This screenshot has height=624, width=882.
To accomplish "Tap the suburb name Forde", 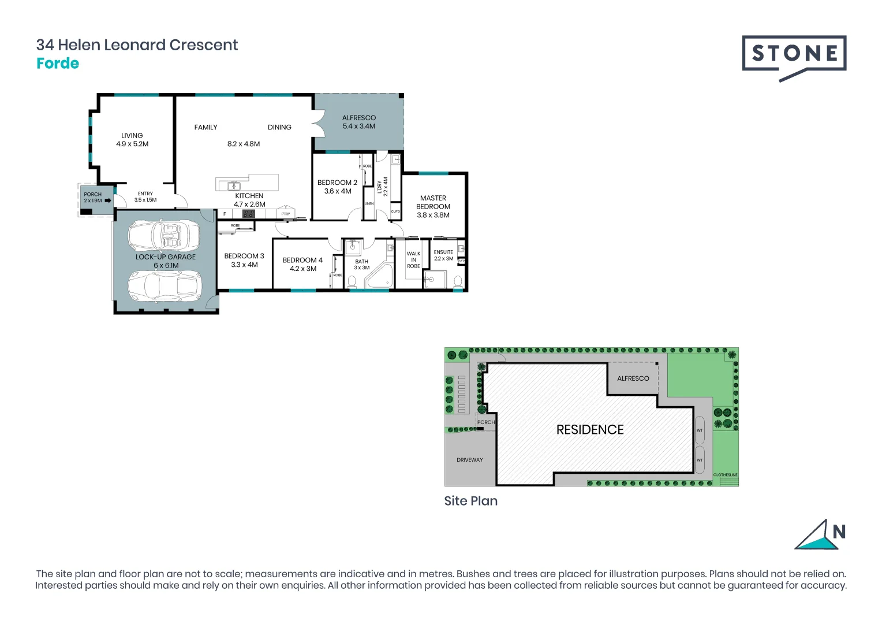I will pyautogui.click(x=58, y=64).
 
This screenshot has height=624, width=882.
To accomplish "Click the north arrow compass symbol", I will pyautogui.click(x=820, y=535).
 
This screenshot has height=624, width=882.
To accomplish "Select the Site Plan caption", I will pyautogui.click(x=470, y=501).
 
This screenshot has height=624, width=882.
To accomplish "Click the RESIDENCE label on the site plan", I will pyautogui.click(x=589, y=430).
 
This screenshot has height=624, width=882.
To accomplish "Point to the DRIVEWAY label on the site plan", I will pyautogui.click(x=469, y=460).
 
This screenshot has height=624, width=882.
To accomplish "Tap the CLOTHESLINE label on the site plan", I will pyautogui.click(x=725, y=475).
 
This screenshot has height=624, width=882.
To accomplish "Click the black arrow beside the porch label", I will pyautogui.click(x=108, y=200).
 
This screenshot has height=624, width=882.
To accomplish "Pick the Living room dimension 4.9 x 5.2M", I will pyautogui.click(x=132, y=144).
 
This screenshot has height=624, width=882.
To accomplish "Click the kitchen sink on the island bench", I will pyautogui.click(x=233, y=186).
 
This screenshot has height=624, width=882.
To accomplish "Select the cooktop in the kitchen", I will pyautogui.click(x=249, y=214).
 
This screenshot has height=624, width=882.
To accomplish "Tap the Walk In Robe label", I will pyautogui.click(x=413, y=260).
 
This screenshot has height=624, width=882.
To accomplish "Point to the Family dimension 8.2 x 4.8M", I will pyautogui.click(x=243, y=144).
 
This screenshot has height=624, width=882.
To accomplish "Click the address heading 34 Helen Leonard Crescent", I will pyautogui.click(x=137, y=45).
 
